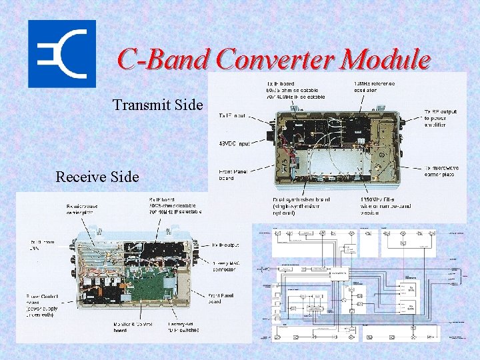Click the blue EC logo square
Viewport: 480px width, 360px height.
tap(61, 54)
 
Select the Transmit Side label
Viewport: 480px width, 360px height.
tap(157, 105)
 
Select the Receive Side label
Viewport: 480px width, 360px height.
tap(97, 177)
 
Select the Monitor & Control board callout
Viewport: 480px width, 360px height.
tap(128, 326)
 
